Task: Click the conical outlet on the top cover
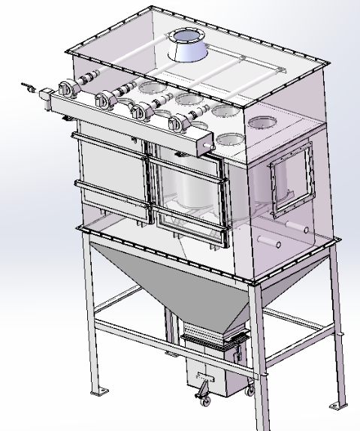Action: click(x=185, y=47)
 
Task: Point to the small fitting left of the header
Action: click(x=30, y=88)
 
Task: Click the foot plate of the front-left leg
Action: click(x=97, y=392)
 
